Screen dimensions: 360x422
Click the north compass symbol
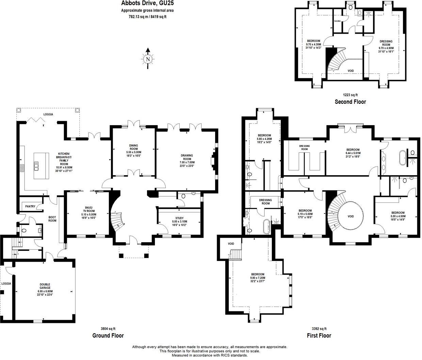[148, 59]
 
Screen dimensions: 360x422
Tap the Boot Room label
[52, 219]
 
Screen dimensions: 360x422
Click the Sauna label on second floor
[337, 21]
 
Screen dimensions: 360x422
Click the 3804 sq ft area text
[108, 329]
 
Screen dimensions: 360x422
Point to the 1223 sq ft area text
[350, 95]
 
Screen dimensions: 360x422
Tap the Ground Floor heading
[108, 336]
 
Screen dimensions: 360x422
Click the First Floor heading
[319, 336]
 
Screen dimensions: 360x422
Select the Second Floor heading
[350, 102]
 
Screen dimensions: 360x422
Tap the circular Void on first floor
[351, 216]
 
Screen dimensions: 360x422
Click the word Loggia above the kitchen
[48, 114]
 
